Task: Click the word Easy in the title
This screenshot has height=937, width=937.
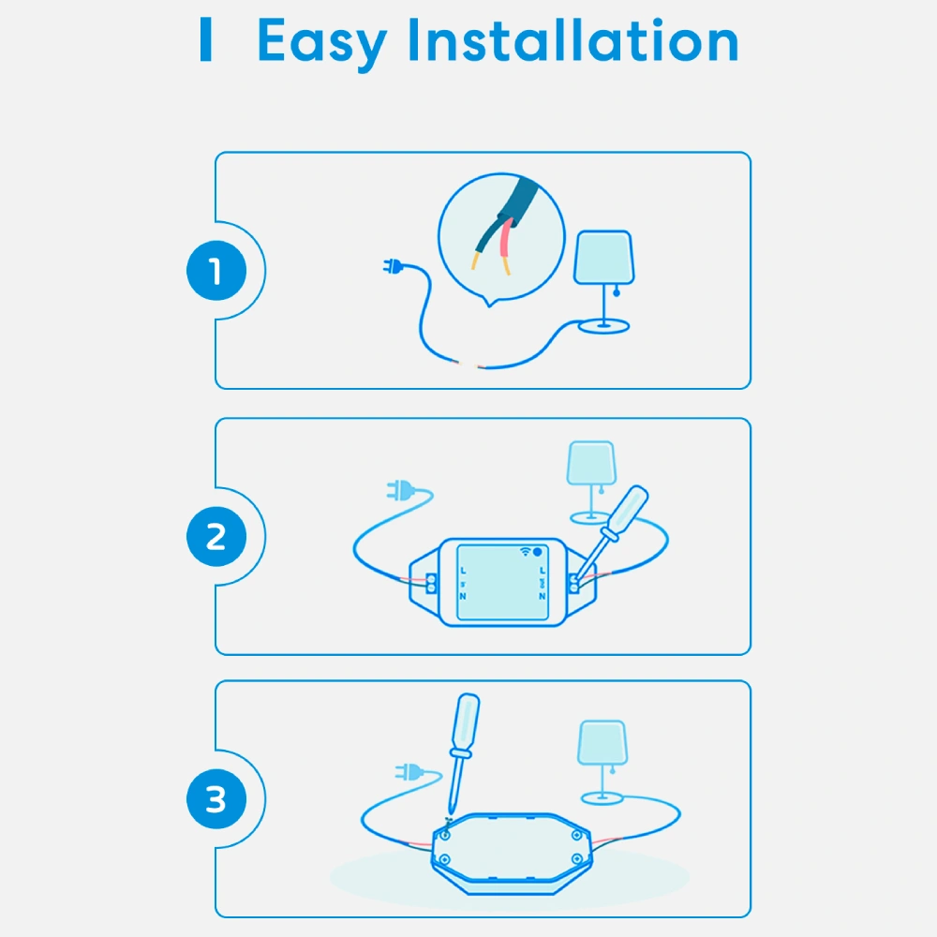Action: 321,43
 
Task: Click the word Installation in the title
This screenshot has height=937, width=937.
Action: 573,39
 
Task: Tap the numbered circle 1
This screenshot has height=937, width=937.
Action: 216,271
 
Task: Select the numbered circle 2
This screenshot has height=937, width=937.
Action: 216,537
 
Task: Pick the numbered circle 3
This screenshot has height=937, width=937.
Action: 216,799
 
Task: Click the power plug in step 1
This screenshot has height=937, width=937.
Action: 393,266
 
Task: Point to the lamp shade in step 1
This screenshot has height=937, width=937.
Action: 603,258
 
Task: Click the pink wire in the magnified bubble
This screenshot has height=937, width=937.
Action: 507,245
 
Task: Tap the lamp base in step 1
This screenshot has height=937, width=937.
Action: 603,326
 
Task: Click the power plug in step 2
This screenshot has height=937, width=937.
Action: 400,491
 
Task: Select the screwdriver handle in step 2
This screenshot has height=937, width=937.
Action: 627,509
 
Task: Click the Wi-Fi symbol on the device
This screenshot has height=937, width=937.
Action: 526,552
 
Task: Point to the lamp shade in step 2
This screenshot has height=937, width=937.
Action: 591,463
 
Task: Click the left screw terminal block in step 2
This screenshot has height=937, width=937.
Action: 430,584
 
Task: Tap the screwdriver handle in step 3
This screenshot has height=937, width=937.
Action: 466,724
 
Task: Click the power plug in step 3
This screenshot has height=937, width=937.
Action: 409,772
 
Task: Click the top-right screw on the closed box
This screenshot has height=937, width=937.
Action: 576,835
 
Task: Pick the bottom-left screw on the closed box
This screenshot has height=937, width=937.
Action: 444,859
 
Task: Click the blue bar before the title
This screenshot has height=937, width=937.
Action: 205,38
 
